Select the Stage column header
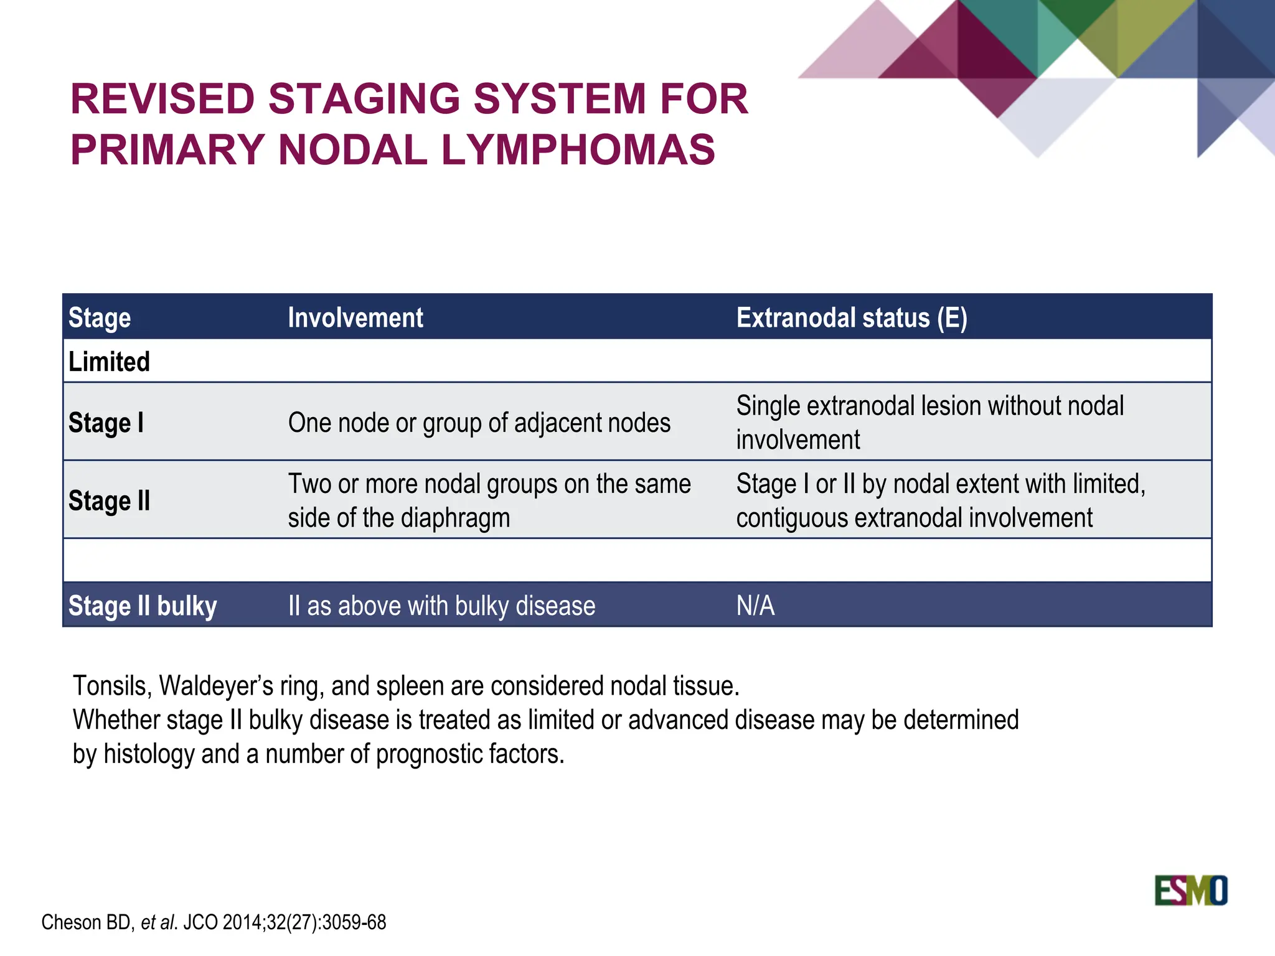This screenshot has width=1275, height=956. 100,317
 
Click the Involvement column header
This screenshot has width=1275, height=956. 355,317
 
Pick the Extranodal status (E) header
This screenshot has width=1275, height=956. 852,317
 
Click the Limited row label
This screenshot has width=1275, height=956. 109,362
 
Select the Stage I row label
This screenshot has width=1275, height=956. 106,423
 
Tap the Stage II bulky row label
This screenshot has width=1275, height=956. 143,606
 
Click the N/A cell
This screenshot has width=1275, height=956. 755,606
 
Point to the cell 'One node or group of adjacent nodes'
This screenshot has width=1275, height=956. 479,423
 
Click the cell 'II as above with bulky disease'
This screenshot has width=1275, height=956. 441,606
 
